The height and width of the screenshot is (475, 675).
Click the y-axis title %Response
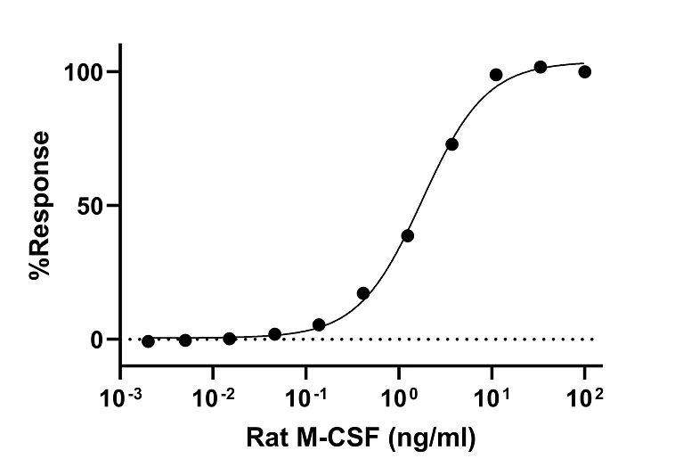pyautogui.click(x=39, y=206)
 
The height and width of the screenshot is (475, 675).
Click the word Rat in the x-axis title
pyautogui.click(x=266, y=438)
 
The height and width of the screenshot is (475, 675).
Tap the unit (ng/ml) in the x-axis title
pyautogui.click(x=427, y=438)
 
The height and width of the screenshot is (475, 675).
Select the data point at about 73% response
pyautogui.click(x=451, y=144)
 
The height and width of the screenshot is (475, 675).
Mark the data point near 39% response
pyautogui.click(x=407, y=235)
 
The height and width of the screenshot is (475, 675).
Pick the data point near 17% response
pyautogui.click(x=363, y=293)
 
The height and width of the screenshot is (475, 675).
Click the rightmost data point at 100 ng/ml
pyautogui.click(x=584, y=71)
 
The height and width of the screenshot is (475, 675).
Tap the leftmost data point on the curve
pyautogui.click(x=148, y=341)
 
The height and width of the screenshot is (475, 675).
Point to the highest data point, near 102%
pyautogui.click(x=541, y=67)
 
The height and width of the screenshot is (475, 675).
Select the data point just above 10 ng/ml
pyautogui.click(x=496, y=75)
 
